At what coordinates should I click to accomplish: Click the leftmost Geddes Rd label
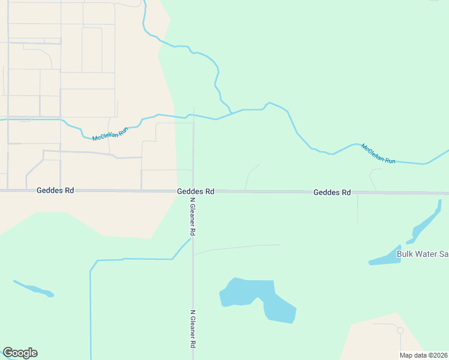tap(55, 190)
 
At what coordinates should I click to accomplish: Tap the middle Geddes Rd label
tap(196, 191)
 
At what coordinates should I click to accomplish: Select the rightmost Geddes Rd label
tap(332, 193)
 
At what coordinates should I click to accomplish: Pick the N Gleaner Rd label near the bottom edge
tap(193, 329)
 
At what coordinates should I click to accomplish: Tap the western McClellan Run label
tap(110, 134)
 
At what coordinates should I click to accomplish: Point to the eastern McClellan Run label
tap(378, 154)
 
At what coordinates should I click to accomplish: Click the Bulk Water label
tap(423, 254)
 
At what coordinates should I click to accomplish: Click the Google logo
tap(20, 353)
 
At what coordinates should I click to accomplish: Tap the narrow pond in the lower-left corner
tap(34, 289)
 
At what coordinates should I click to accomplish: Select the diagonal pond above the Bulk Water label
tap(427, 222)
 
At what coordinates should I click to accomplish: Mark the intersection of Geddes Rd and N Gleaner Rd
tap(193, 191)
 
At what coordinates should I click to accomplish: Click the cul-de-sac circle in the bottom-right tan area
tap(400, 330)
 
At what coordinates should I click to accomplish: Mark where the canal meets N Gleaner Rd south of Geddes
tap(192, 239)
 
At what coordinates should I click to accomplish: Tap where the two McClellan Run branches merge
tap(232, 113)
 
